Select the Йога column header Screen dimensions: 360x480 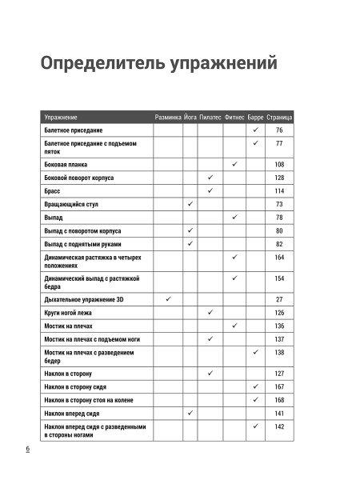click(190, 118)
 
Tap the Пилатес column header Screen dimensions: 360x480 click(211, 118)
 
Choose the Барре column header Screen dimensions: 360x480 click(256, 118)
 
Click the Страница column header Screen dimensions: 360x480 click(279, 118)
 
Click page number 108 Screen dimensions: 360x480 click(279, 164)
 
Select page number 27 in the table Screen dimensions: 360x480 click(279, 298)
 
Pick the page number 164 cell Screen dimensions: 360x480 click(279, 258)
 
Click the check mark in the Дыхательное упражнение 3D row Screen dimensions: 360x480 click(169, 298)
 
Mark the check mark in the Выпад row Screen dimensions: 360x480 click(234, 218)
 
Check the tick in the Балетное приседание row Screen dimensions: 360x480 click(255, 130)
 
